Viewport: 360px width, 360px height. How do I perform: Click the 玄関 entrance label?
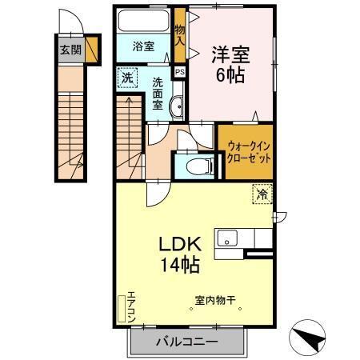70,49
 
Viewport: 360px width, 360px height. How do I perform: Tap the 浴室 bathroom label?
143,46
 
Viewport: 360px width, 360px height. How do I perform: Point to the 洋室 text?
230,56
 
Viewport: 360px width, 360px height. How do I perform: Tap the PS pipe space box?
180,72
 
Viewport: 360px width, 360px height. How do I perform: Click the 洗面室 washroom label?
158,93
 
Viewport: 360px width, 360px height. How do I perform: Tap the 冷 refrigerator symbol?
262,192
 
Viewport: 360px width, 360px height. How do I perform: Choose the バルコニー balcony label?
186,342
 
